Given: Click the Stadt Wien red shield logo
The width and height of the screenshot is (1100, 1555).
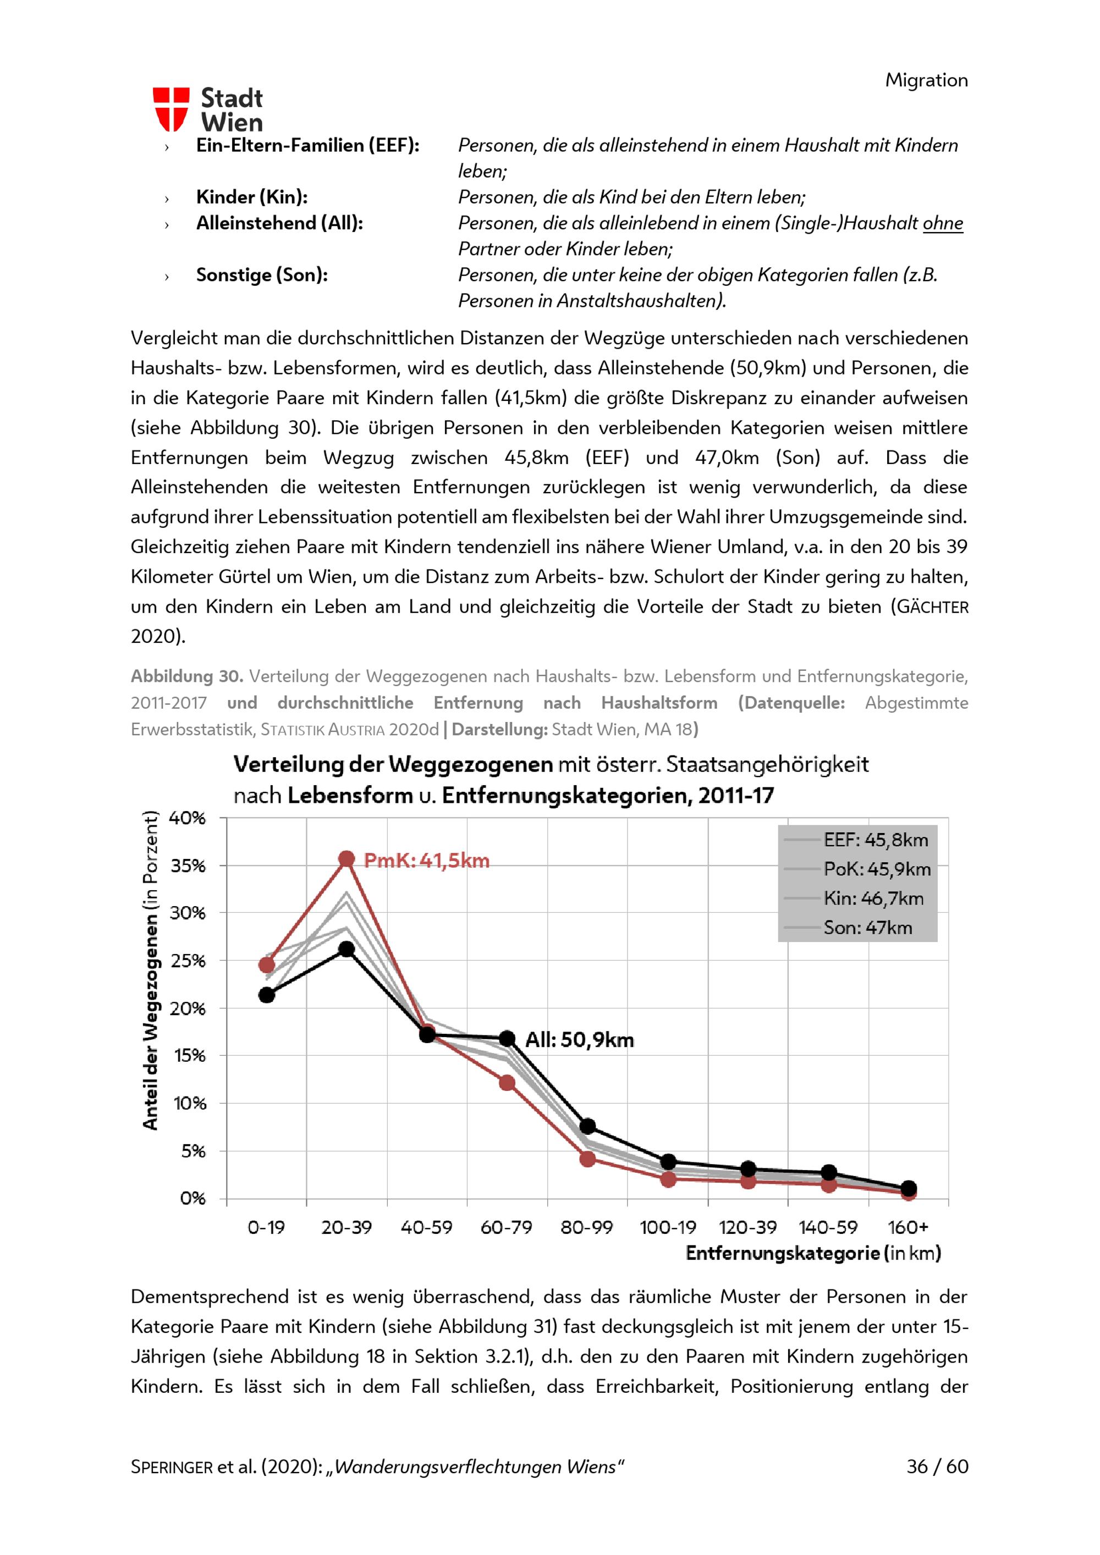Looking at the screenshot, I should pyautogui.click(x=170, y=109).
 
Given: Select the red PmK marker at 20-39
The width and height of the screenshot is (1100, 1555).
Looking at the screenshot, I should pyautogui.click(x=346, y=859).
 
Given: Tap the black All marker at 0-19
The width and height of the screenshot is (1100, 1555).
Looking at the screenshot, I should pyautogui.click(x=266, y=995).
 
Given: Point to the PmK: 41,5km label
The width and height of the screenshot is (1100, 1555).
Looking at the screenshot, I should pyautogui.click(x=426, y=861).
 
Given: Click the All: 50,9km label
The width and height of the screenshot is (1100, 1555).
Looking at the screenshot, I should pyautogui.click(x=579, y=1040).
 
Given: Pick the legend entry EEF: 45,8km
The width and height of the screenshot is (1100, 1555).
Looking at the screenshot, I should pyautogui.click(x=875, y=840).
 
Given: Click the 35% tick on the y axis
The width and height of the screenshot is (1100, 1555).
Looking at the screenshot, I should pyautogui.click(x=188, y=865).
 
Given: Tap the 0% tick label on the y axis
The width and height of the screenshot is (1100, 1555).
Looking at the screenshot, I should pyautogui.click(x=193, y=1198).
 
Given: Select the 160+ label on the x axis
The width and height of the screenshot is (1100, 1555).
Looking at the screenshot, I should pyautogui.click(x=908, y=1227).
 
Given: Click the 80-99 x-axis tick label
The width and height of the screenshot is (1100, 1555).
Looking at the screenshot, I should pyautogui.click(x=587, y=1227).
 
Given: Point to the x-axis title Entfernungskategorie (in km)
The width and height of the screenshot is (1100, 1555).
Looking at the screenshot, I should pyautogui.click(x=813, y=1253).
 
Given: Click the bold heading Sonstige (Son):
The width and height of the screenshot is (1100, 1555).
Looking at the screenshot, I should pyautogui.click(x=261, y=275).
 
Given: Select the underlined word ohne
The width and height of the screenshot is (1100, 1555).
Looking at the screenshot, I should pyautogui.click(x=942, y=223).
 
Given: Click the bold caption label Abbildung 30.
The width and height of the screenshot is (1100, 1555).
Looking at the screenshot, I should pyautogui.click(x=186, y=676).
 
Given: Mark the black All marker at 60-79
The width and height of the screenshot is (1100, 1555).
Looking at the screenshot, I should pyautogui.click(x=507, y=1038).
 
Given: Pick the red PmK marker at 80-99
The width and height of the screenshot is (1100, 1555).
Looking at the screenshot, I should pyautogui.click(x=587, y=1159).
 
